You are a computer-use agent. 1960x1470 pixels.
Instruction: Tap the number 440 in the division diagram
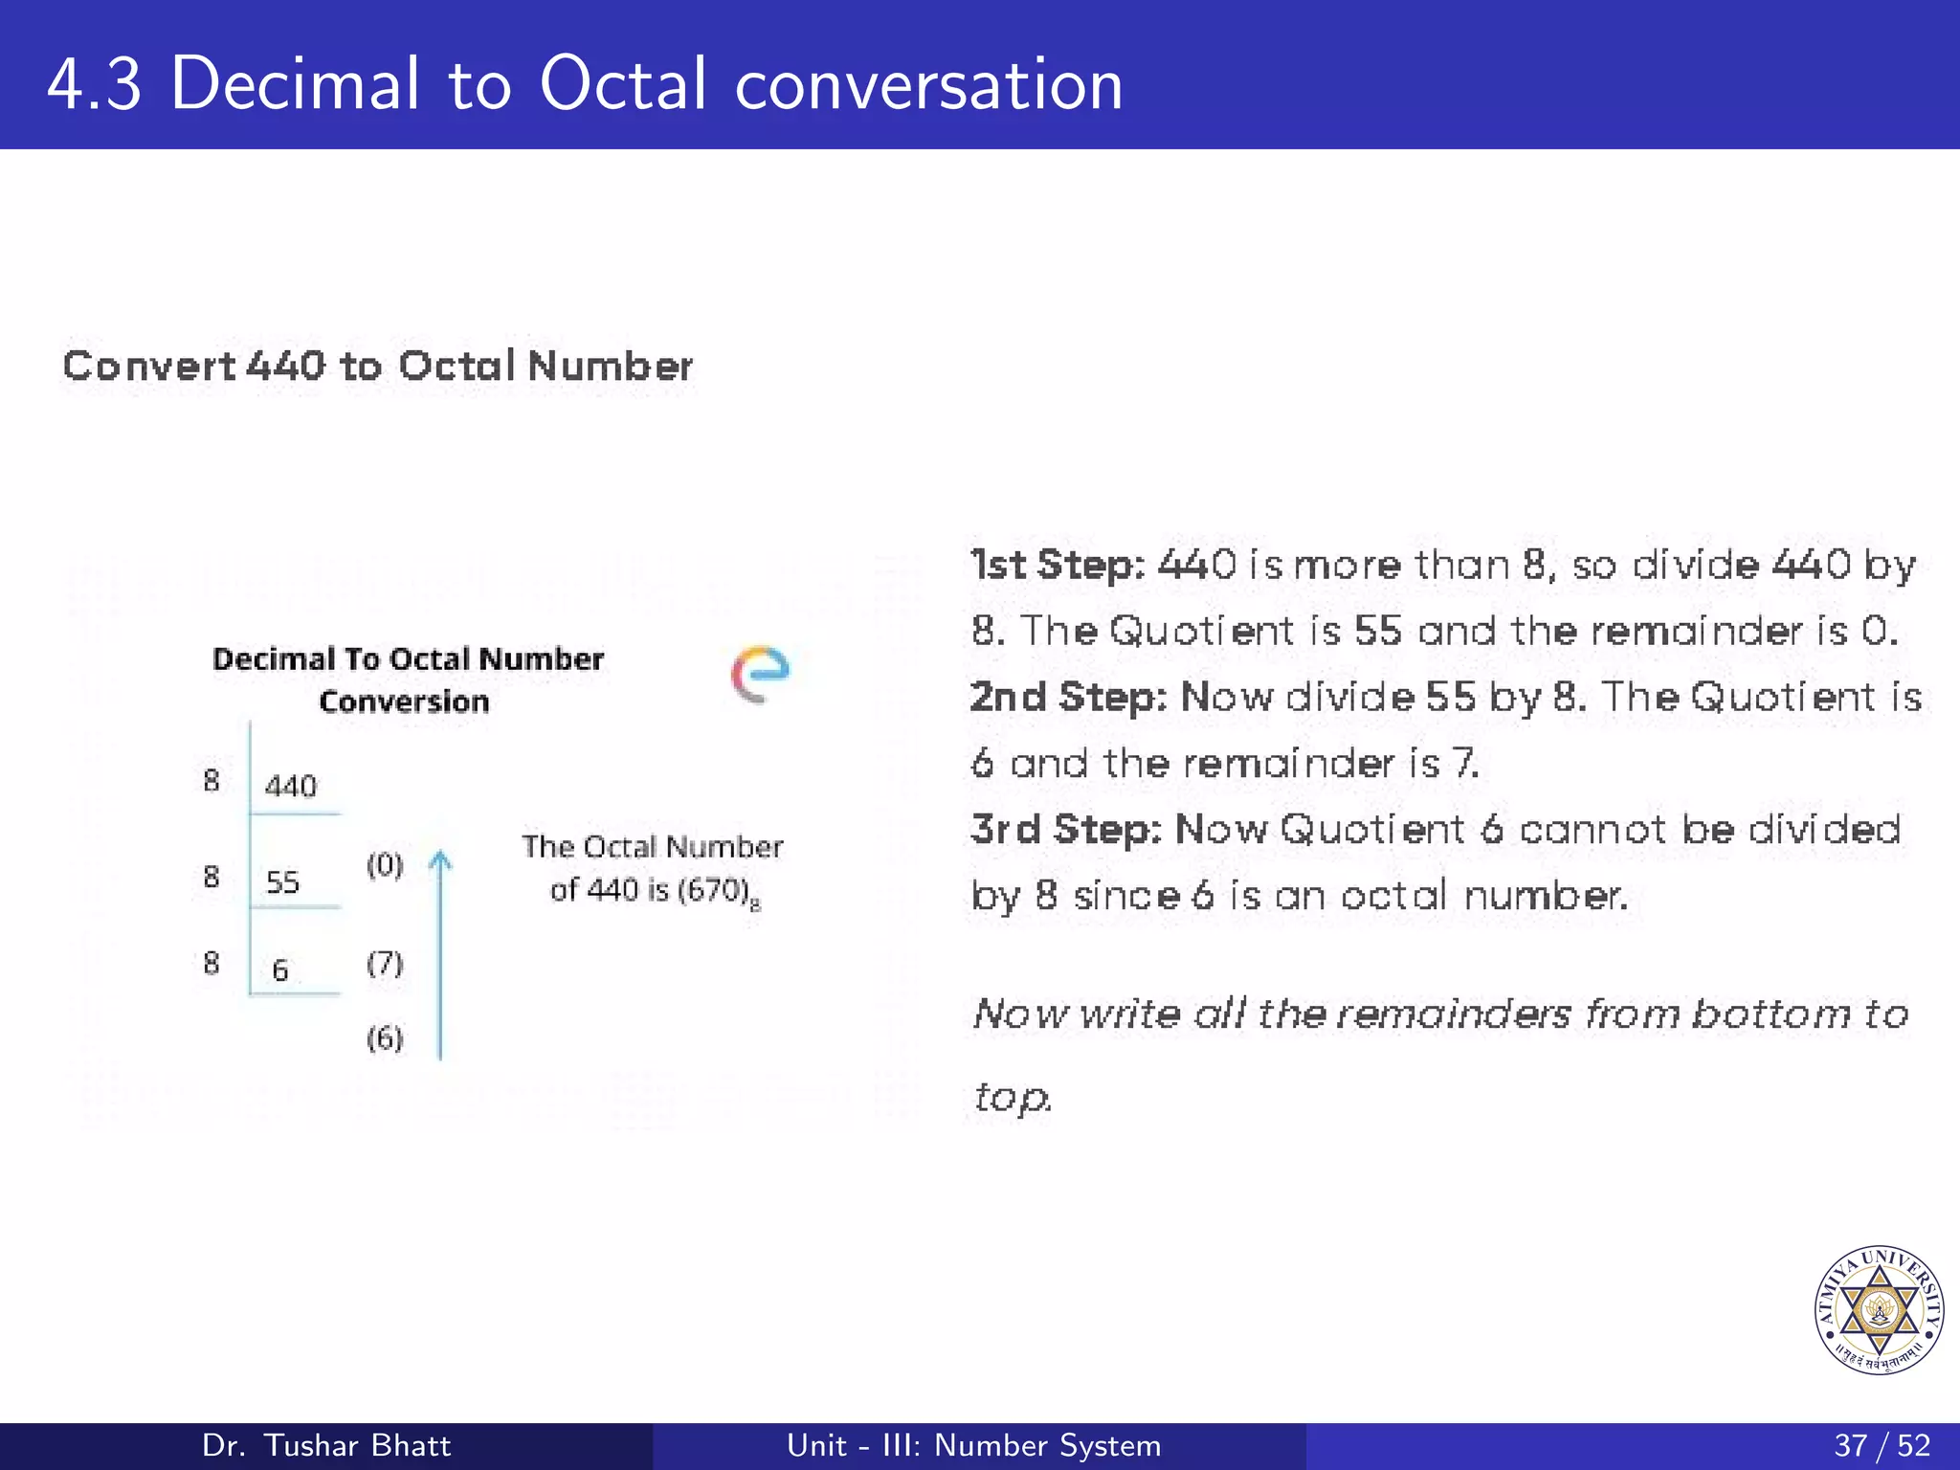pos(290,786)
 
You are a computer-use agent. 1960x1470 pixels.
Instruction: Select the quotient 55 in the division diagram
pos(282,881)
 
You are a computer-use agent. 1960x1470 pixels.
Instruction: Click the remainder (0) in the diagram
pos(385,865)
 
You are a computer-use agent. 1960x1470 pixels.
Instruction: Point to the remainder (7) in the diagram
pos(385,962)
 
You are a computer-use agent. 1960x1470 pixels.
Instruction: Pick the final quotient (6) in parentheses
pos(385,1037)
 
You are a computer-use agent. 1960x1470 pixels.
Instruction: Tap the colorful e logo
pos(760,673)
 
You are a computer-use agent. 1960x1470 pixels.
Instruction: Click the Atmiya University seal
pos(1879,1310)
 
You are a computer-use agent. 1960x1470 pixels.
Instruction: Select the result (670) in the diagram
pos(712,891)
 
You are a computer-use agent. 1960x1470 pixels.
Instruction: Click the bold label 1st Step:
pos(1057,565)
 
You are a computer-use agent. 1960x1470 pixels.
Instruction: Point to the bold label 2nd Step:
pos(1068,697)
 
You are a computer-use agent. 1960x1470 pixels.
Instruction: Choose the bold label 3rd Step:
pos(1065,829)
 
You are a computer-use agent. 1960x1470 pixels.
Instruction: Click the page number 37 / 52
pos(1882,1445)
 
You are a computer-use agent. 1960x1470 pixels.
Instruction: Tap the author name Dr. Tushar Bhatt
pos(326,1445)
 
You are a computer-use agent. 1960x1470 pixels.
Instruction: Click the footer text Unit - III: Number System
pos(973,1445)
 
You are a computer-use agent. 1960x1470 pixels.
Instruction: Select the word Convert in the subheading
pos(148,367)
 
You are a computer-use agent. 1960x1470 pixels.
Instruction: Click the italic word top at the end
pos(1011,1097)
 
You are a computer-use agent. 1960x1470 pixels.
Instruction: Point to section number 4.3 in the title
pos(94,84)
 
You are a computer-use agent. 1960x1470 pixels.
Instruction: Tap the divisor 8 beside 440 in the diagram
pos(212,781)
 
